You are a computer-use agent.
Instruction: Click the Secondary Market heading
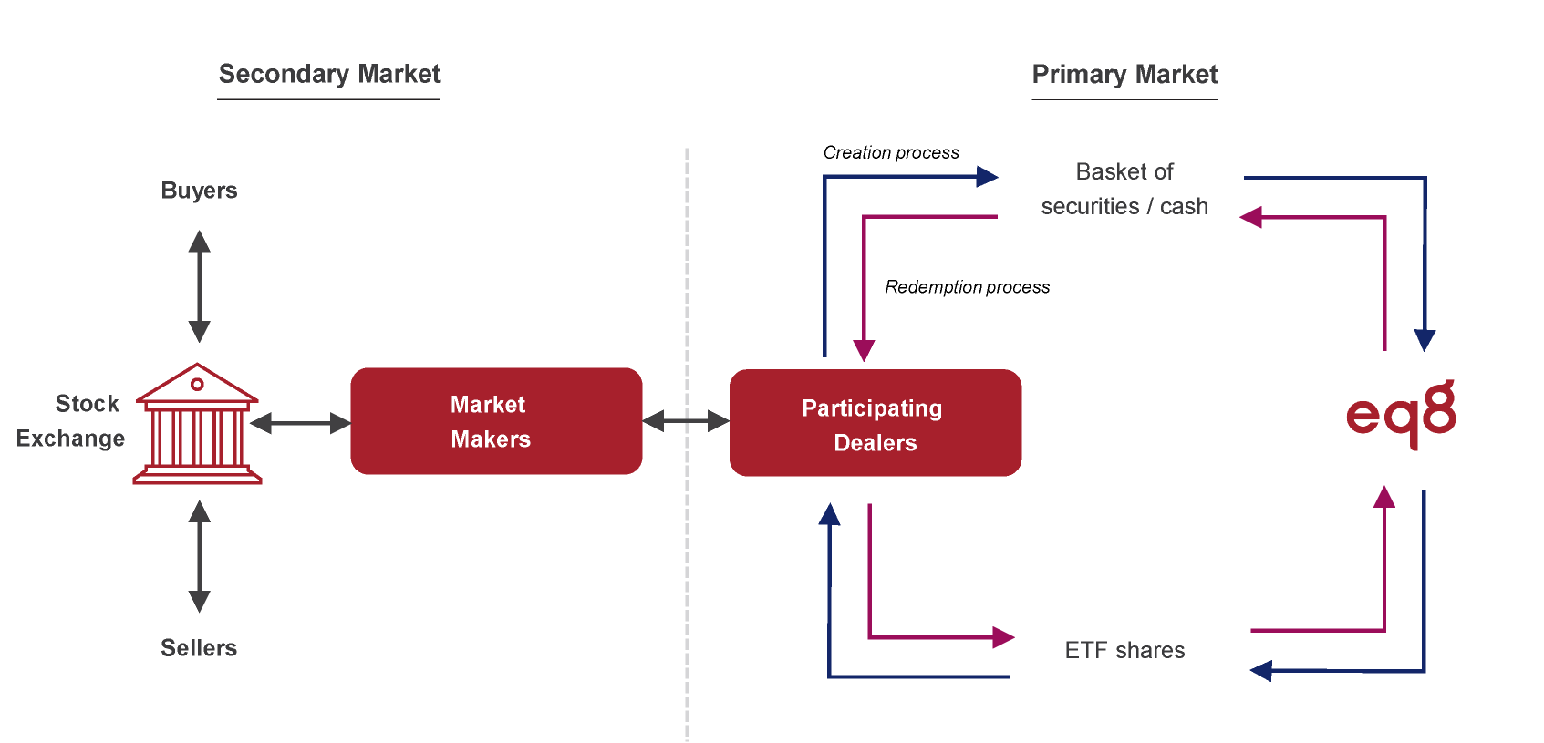pos(329,75)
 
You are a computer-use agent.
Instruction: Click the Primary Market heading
pos(1124,75)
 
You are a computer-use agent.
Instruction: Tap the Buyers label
pos(199,191)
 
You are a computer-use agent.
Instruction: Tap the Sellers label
pos(199,648)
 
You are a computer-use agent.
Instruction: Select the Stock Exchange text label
pos(73,421)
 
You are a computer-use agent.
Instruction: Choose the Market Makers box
pos(496,421)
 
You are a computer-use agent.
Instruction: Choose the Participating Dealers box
pos(875,423)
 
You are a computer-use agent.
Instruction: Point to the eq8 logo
pos(1400,415)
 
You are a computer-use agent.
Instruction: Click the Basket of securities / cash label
pos(1124,190)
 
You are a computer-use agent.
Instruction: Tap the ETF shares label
pos(1124,650)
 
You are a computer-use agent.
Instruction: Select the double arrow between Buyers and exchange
pos(199,286)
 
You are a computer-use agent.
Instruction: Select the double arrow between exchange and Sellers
pos(199,556)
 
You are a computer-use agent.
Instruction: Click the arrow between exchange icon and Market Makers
pos(300,423)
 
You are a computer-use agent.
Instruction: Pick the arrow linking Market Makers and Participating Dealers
pos(686,420)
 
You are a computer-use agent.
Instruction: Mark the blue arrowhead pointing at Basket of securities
pos(987,176)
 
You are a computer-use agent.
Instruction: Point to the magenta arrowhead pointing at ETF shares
pos(1003,637)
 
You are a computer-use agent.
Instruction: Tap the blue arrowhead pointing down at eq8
pos(1425,341)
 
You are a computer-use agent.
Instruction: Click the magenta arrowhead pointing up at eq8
pos(1384,497)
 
